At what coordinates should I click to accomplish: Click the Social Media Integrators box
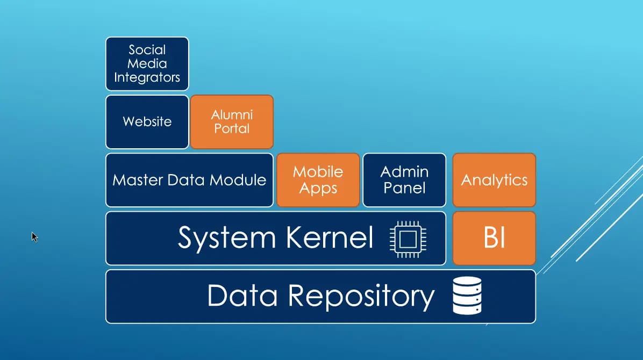click(147, 63)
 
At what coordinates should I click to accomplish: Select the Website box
click(147, 121)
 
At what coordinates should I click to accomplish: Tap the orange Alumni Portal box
click(232, 121)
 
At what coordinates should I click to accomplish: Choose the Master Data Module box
click(189, 179)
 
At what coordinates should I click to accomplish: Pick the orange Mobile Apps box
click(318, 179)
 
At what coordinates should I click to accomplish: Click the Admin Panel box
click(404, 179)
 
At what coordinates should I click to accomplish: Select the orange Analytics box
click(494, 179)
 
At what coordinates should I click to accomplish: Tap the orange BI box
click(494, 238)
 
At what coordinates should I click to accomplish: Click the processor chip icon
click(408, 239)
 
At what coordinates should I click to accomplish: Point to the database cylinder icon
click(467, 296)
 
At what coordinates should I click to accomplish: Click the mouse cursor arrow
click(34, 236)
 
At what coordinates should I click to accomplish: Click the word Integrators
click(147, 77)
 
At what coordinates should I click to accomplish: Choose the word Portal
click(232, 129)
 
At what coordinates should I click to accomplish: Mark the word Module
click(239, 179)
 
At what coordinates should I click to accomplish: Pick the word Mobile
click(318, 172)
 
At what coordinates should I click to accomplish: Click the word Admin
click(404, 172)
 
